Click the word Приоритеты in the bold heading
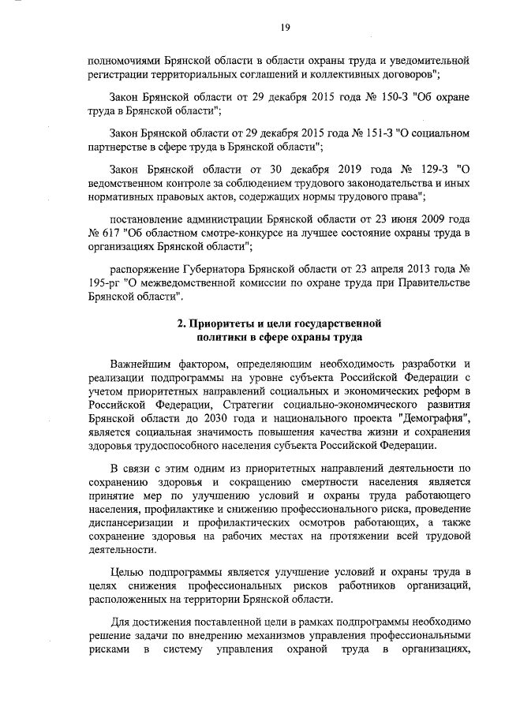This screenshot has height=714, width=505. click(x=220, y=323)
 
